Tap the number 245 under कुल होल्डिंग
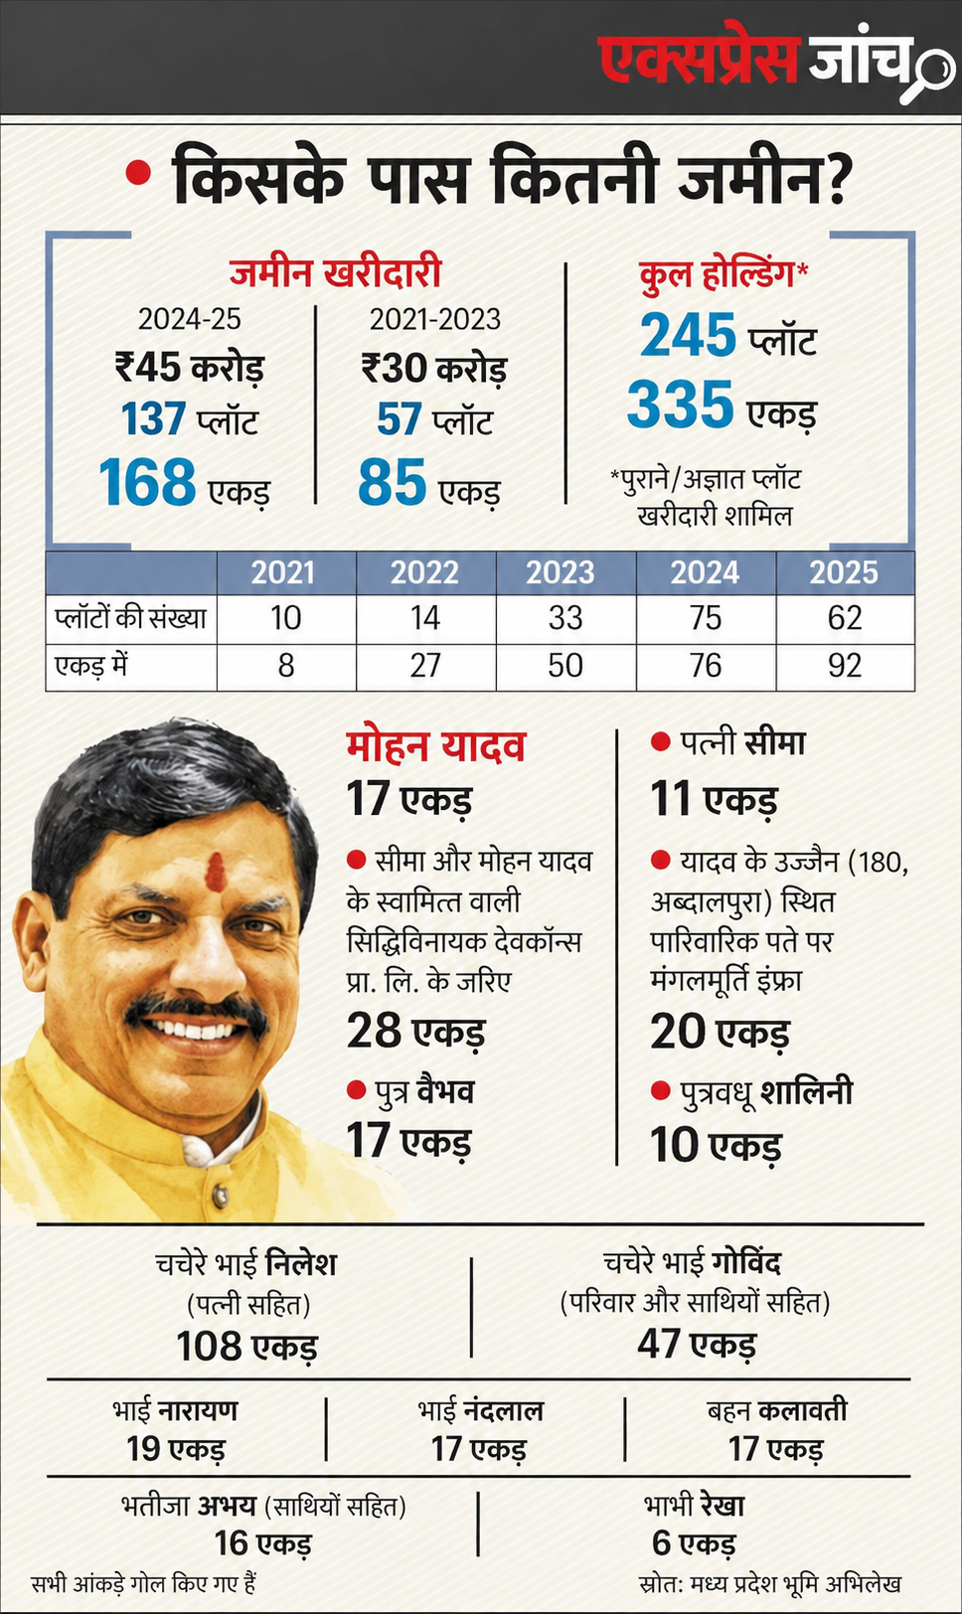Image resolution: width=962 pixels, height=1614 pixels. pyautogui.click(x=688, y=335)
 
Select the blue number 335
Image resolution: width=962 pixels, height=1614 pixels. pyautogui.click(x=680, y=404)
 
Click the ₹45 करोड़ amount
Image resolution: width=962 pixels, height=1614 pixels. pyautogui.click(x=190, y=367)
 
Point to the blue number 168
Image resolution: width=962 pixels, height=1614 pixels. pyautogui.click(x=148, y=482)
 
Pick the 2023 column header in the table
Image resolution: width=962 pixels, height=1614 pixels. pyautogui.click(x=560, y=572)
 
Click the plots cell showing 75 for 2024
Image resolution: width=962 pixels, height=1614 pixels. pyautogui.click(x=706, y=618)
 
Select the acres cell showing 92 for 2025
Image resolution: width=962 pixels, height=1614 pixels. pyautogui.click(x=845, y=666)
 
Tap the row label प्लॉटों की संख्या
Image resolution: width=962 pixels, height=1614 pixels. pyautogui.click(x=131, y=618)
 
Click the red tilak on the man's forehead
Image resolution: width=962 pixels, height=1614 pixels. pyautogui.click(x=215, y=871)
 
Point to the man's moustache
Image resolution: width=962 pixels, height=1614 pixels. pyautogui.click(x=196, y=1007)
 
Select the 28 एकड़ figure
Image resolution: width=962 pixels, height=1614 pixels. pyautogui.click(x=415, y=1031)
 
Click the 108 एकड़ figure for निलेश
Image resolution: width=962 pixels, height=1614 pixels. pyautogui.click(x=246, y=1346)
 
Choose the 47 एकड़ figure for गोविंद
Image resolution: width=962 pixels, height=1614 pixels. pyautogui.click(x=697, y=1344)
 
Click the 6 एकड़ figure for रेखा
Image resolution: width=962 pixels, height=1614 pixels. pyautogui.click(x=694, y=1542)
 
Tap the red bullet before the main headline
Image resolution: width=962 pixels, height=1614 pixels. pyautogui.click(x=137, y=173)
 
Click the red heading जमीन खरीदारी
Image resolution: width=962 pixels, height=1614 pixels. pyautogui.click(x=335, y=273)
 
